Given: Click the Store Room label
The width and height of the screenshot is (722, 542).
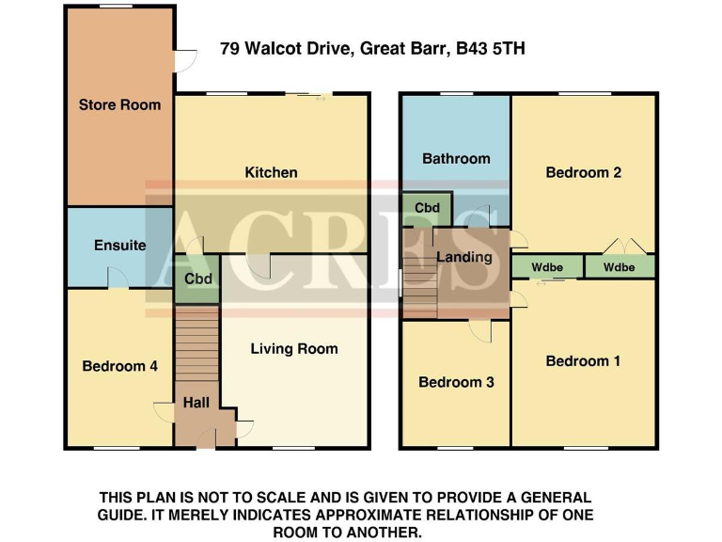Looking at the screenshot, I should click(119, 104).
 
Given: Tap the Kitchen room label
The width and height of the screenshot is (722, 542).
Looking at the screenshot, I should click(271, 172).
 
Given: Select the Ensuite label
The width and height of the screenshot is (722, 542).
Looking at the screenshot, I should click(119, 245).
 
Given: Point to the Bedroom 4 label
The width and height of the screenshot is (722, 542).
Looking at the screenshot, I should click(119, 366).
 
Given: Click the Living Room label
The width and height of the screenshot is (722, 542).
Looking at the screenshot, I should click(293, 348).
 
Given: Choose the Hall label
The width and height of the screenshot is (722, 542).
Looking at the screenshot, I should click(196, 403).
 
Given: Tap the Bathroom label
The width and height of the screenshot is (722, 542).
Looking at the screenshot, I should click(456, 158).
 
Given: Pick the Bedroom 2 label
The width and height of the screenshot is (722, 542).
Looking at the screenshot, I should click(583, 172).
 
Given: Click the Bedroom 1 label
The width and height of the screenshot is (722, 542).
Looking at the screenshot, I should click(583, 360).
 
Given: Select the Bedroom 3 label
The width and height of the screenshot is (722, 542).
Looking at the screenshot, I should click(456, 382).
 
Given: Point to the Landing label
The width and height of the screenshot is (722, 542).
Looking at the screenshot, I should click(464, 257).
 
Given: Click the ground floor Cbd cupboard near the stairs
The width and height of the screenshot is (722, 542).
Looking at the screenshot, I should click(197, 279).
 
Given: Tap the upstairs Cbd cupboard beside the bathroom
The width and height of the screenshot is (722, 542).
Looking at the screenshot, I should click(427, 207).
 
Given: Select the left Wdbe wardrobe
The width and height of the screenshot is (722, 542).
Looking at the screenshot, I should click(547, 267).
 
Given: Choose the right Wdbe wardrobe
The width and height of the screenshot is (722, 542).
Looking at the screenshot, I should click(619, 267).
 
